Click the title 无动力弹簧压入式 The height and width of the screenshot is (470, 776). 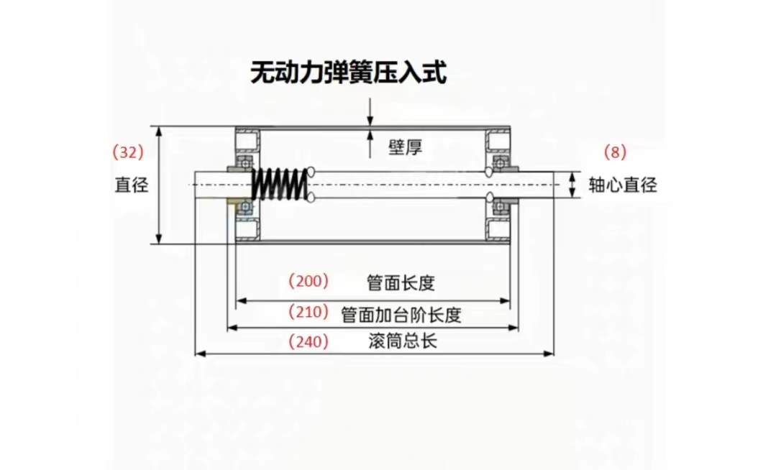[x=348, y=73]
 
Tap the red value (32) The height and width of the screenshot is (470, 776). [x=129, y=152]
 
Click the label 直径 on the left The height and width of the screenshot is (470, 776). [x=132, y=185]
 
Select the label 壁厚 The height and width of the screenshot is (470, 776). [x=405, y=148]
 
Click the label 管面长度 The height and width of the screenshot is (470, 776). [x=401, y=282]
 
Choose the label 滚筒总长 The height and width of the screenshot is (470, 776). [x=401, y=342]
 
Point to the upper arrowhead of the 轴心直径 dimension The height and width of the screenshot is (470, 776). [x=572, y=176]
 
